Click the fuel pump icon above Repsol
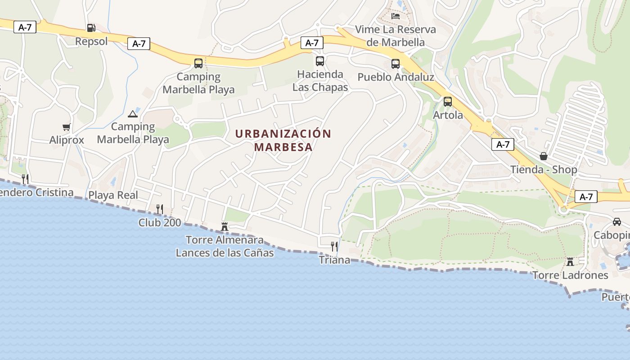point(91,28)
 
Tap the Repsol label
point(91,41)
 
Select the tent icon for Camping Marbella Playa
point(132,114)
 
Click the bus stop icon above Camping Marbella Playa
point(198,63)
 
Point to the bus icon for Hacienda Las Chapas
point(320,61)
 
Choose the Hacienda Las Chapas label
point(320,81)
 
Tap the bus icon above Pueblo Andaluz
point(396,64)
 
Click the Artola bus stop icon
point(448,102)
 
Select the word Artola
point(448,115)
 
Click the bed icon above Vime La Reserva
point(396,16)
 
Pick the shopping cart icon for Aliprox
point(67,127)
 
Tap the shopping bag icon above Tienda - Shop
point(544,156)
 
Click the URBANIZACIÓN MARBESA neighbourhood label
point(283,140)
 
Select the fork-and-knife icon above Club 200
point(159,209)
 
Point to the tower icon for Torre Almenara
point(225,226)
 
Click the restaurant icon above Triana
point(334,246)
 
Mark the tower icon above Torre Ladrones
point(570,261)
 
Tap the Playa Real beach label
point(113,195)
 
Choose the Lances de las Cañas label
point(225,253)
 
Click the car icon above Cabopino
point(617,222)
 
